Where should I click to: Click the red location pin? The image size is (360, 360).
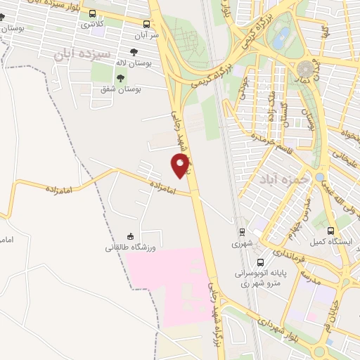point(181,165)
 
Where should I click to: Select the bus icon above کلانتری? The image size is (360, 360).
point(92,13)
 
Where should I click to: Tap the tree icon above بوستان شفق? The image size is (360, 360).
point(120,79)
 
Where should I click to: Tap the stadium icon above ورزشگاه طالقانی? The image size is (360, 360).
point(130,236)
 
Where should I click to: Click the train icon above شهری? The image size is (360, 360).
point(241,231)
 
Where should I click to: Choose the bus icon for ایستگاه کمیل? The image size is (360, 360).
point(331,231)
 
